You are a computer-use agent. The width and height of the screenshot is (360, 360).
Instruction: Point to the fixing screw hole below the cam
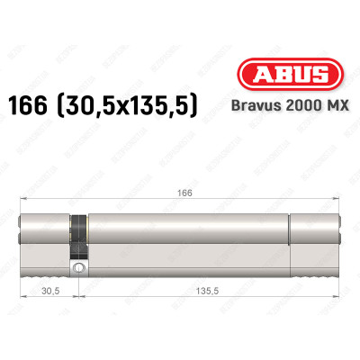(80, 267)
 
